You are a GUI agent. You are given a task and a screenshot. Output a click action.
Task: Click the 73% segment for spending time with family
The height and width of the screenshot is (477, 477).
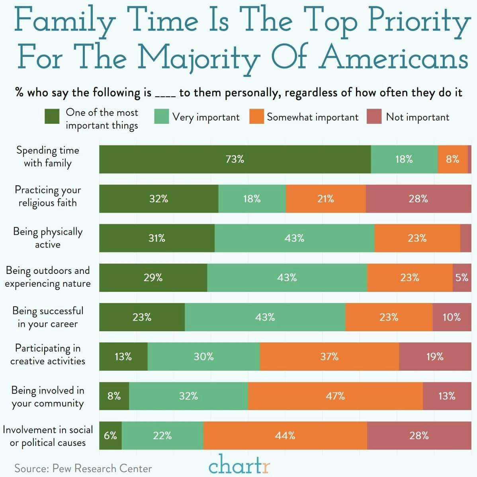point(235,159)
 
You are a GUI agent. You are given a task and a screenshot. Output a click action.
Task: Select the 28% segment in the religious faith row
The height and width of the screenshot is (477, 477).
point(418,199)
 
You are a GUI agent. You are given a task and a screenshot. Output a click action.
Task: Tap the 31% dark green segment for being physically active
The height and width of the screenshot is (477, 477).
point(157,238)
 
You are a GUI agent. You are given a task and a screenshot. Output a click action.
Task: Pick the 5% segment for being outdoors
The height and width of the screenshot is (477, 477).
point(462,278)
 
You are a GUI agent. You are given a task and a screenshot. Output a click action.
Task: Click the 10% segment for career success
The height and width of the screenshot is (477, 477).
point(452,317)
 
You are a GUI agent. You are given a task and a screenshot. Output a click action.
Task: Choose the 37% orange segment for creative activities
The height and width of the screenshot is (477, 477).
point(329,356)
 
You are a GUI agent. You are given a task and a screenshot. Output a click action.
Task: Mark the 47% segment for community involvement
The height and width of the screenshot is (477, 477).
point(335,396)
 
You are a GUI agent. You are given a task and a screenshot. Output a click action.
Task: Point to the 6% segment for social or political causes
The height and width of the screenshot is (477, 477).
point(110,435)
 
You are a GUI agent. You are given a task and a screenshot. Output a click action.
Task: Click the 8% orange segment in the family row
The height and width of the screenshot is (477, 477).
point(453,159)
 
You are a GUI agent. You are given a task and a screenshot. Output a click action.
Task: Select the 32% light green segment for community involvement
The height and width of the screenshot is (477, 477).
point(188,396)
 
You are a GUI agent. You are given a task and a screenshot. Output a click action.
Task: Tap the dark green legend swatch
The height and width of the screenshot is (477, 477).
point(52,117)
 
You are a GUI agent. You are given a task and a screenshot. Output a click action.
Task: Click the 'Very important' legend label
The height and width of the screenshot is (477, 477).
point(206,117)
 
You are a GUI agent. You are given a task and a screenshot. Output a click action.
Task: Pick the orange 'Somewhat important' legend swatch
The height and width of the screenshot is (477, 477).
point(256,117)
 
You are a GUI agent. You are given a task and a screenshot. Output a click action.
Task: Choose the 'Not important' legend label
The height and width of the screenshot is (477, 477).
point(417,117)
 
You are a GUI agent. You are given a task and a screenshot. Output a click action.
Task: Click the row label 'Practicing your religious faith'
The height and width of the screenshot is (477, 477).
point(48,196)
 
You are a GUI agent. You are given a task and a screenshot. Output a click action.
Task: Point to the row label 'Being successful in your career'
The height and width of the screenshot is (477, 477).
point(48,317)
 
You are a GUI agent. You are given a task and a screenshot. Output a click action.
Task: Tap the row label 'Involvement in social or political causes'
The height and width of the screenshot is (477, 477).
point(48,436)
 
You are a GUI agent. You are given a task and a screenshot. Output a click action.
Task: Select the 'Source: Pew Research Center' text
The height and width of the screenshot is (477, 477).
point(83,468)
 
